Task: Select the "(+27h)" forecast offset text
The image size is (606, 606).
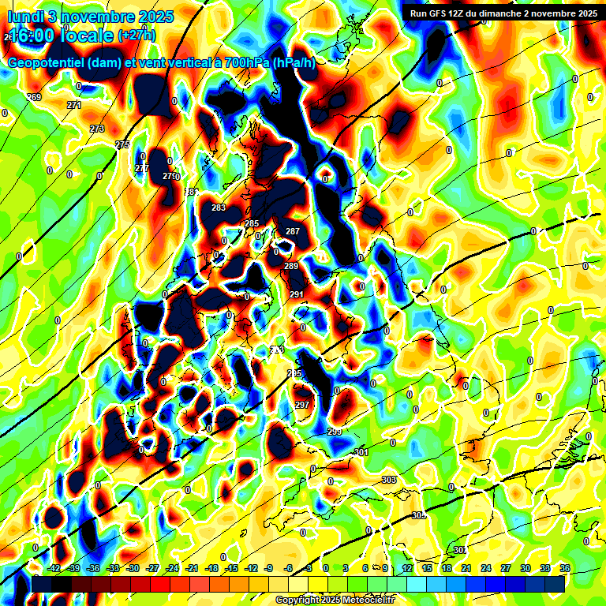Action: (137, 36)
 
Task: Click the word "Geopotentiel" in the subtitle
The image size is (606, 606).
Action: (47, 62)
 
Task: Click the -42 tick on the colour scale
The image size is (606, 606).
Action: (54, 568)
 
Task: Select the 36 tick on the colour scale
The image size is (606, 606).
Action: (565, 568)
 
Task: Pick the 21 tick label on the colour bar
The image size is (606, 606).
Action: (466, 568)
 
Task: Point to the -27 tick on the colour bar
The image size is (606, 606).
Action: (152, 568)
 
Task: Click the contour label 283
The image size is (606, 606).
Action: (219, 208)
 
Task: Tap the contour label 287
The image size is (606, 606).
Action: (293, 231)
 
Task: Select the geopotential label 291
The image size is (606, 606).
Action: (297, 294)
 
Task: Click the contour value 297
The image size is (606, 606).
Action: (301, 405)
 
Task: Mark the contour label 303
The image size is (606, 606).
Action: (388, 480)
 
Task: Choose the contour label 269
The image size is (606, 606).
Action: (34, 97)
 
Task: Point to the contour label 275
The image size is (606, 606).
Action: (122, 144)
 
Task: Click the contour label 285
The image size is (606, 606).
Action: (251, 224)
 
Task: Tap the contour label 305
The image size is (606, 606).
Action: (418, 515)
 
